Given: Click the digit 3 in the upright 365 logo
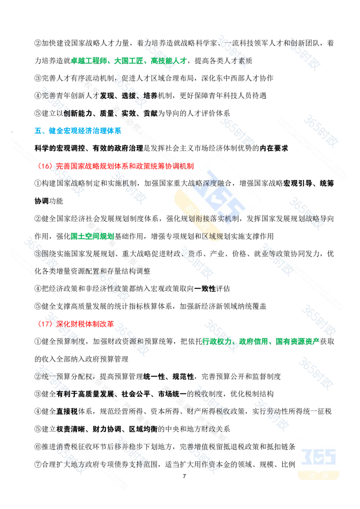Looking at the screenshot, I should point(307,457).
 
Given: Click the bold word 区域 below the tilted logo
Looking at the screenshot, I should point(209,236).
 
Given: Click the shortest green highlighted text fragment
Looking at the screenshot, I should point(92,236).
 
